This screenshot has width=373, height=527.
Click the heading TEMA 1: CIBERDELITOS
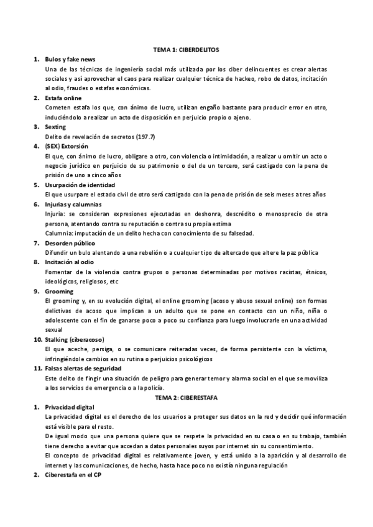[186, 48]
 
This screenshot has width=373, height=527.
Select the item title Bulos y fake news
[69, 58]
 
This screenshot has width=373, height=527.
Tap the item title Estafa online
[63, 98]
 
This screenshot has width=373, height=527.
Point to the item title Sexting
[55, 127]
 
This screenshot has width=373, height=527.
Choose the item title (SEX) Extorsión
[67, 146]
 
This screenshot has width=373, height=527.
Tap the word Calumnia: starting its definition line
[59, 233]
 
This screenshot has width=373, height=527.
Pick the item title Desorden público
[69, 243]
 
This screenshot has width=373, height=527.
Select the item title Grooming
[59, 291]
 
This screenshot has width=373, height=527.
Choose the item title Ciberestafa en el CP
[73, 475]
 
